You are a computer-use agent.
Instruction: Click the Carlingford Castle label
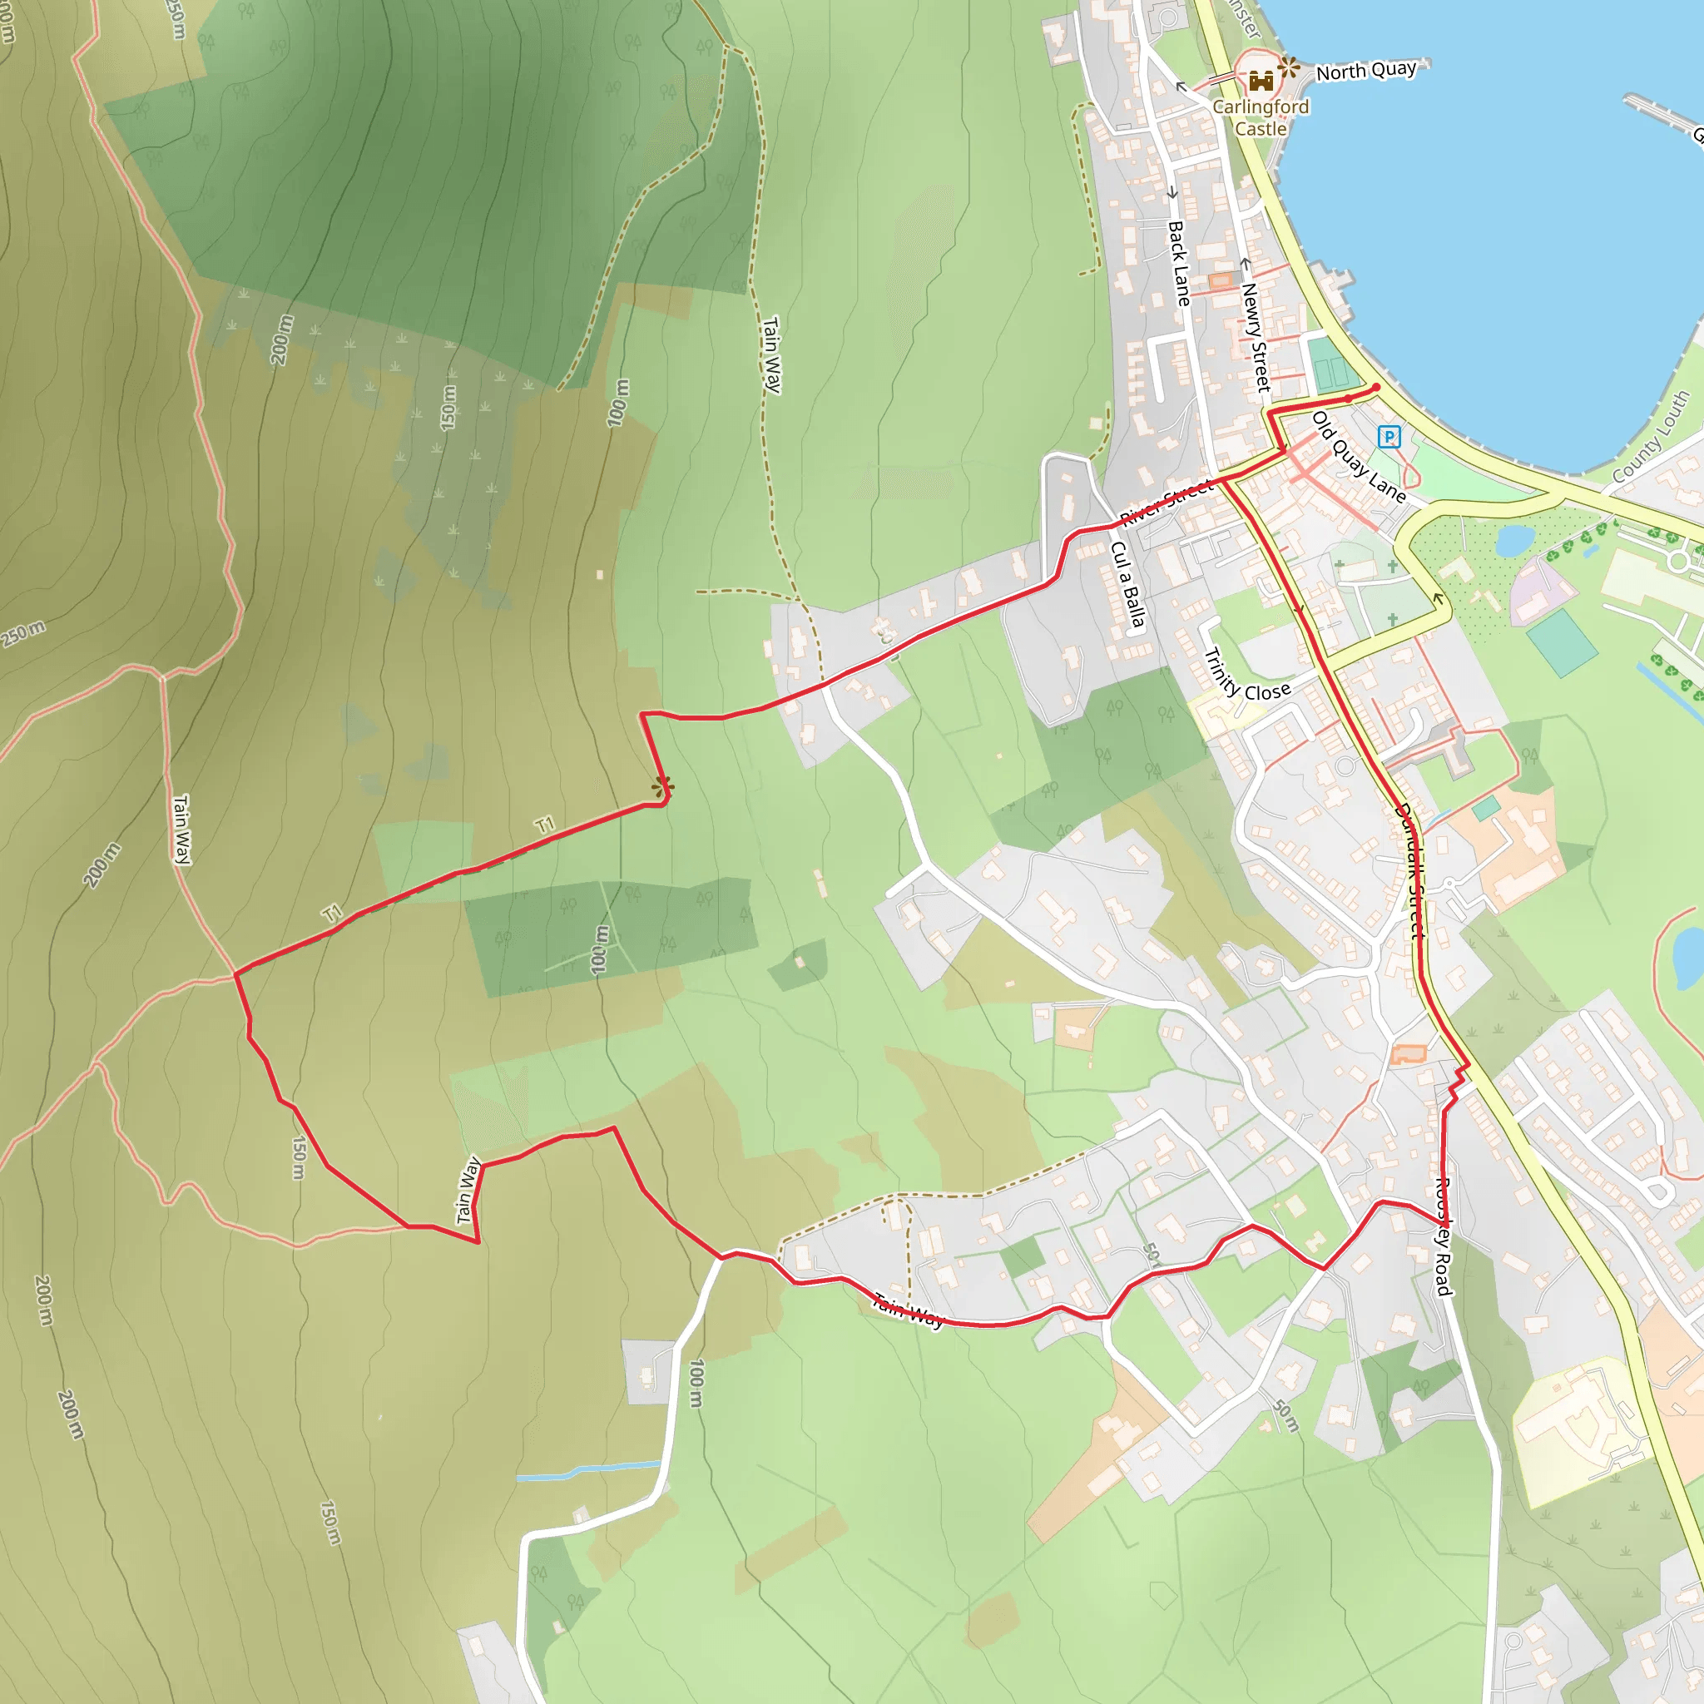[1261, 117]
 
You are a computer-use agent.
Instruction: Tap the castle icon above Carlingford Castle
[1261, 82]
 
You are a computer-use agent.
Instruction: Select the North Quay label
[1366, 72]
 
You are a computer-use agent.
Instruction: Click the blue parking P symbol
[1389, 436]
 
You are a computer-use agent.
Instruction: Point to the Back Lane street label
[1179, 263]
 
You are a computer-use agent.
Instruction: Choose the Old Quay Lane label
[1358, 456]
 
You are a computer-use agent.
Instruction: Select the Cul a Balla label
[1128, 585]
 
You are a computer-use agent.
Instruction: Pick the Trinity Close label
[1246, 676]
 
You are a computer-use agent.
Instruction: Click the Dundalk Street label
[1409, 869]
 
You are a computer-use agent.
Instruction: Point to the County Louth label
[1650, 438]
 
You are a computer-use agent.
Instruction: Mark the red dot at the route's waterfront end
[1376, 386]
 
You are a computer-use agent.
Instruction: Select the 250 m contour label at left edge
[24, 632]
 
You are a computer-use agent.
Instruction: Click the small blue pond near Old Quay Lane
[1514, 540]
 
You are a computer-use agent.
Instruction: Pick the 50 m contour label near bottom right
[1287, 1414]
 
